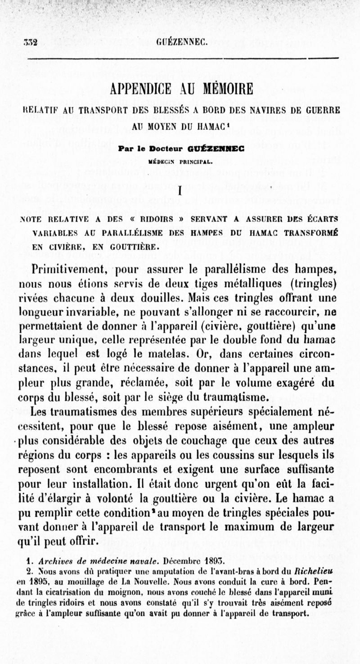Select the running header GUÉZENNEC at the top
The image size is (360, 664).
tap(181, 43)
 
